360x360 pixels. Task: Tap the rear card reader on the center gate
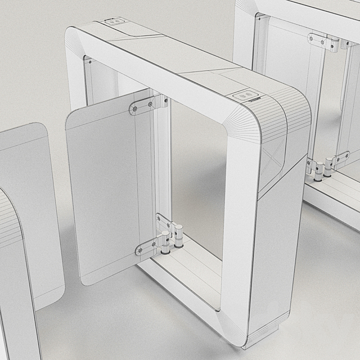pos(115,21)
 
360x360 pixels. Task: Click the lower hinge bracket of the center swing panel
pos(150,243)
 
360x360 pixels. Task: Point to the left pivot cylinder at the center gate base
pos(165,241)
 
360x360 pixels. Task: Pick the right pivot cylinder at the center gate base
pos(179,236)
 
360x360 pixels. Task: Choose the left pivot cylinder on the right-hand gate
pos(318,170)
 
